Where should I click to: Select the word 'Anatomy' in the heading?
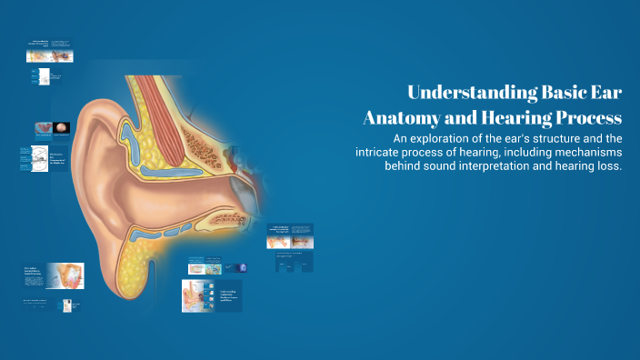tap(403, 118)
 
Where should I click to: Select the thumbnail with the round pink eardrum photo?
tap(51, 128)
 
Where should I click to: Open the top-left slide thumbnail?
tap(51, 51)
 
